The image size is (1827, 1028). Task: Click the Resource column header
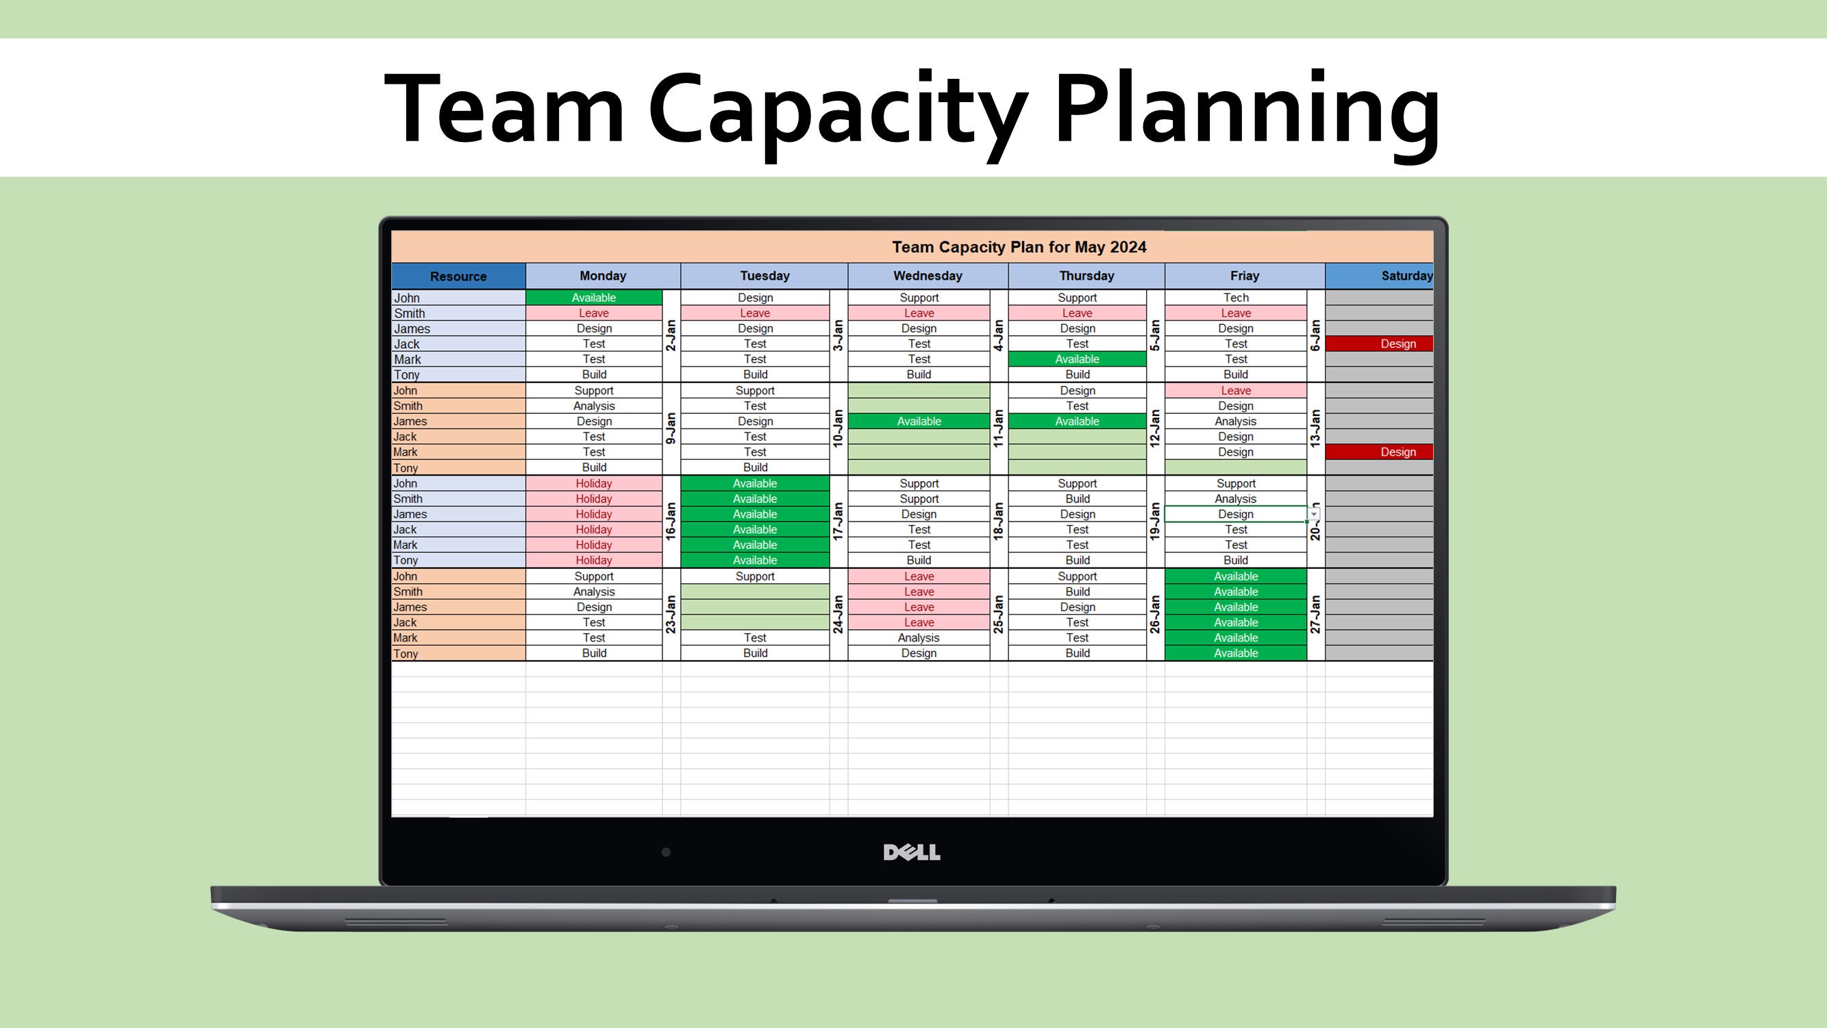point(458,276)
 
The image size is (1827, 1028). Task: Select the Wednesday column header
point(927,276)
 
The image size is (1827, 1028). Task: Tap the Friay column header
point(1244,276)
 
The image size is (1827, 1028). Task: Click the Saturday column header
point(1406,276)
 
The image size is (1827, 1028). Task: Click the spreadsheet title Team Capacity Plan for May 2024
point(1019,247)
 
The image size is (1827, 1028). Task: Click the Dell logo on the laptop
point(911,852)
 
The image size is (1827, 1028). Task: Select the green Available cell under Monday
point(594,298)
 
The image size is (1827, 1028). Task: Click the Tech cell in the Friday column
point(1236,298)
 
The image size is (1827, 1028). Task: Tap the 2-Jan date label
point(671,336)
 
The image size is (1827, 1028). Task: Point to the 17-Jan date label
point(838,522)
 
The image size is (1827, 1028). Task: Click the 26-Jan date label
point(1155,614)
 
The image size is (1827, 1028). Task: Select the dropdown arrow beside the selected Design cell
point(1314,515)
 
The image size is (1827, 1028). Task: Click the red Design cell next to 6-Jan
point(1397,344)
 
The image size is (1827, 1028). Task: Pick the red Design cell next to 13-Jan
point(1397,452)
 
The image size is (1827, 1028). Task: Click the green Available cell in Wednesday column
point(919,421)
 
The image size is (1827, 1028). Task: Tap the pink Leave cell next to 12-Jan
point(1236,391)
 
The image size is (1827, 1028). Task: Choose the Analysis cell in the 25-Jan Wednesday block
point(919,638)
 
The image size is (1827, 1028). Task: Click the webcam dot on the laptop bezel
point(666,852)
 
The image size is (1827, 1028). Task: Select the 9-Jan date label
point(671,428)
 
